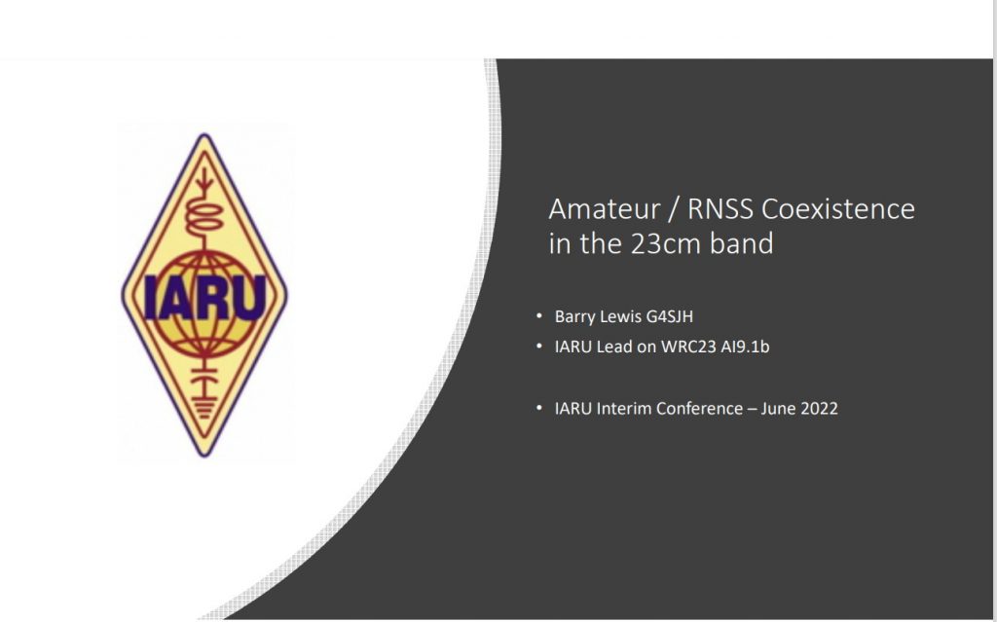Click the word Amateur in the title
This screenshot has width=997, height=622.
pyautogui.click(x=604, y=209)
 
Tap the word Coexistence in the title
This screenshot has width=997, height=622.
pyautogui.click(x=838, y=209)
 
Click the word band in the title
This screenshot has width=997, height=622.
pyautogui.click(x=741, y=243)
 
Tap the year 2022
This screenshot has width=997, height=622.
pyautogui.click(x=819, y=408)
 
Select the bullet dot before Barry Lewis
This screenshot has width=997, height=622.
pyautogui.click(x=539, y=315)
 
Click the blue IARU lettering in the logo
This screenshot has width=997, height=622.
pyautogui.click(x=204, y=297)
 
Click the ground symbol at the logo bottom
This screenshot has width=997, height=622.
pyautogui.click(x=204, y=407)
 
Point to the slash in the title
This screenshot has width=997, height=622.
pyautogui.click(x=674, y=209)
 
